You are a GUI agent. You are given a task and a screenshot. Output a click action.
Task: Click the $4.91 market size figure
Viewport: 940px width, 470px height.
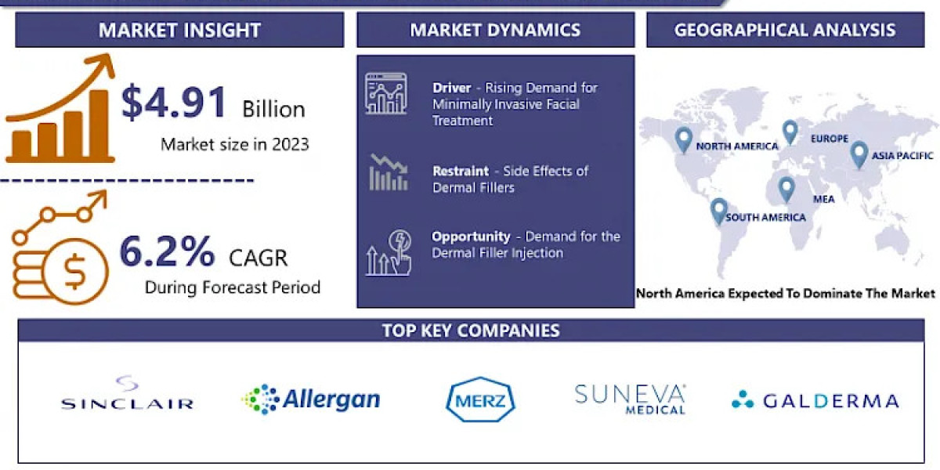(174, 103)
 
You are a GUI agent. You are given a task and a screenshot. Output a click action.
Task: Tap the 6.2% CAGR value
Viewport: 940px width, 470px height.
(166, 252)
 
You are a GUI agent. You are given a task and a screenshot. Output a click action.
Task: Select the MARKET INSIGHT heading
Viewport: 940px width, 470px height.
(179, 31)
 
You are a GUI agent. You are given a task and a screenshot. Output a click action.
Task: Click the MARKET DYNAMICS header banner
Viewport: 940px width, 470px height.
(495, 31)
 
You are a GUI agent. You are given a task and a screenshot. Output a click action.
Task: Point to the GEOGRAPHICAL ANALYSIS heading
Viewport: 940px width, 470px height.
(785, 31)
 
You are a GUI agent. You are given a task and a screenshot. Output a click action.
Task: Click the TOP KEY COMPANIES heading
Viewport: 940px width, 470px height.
(471, 330)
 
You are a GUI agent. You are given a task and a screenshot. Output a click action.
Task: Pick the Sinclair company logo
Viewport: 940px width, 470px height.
(127, 395)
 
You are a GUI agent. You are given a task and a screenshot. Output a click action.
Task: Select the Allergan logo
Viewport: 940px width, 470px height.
(311, 399)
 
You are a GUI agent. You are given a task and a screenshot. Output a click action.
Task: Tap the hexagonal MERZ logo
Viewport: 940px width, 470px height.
(481, 400)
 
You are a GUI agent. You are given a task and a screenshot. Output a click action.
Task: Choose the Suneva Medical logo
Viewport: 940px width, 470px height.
(630, 398)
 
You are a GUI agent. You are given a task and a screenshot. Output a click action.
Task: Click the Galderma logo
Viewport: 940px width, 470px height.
(815, 401)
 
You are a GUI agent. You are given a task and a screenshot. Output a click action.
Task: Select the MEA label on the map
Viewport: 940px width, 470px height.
(823, 199)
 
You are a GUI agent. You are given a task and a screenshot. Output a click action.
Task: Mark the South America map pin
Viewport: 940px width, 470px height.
(718, 211)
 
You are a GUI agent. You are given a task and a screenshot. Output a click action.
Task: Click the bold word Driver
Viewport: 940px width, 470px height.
(451, 88)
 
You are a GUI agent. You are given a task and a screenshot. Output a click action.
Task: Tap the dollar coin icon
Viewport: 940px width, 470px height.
(75, 272)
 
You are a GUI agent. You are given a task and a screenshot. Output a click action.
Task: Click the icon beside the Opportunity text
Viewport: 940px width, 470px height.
(389, 252)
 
